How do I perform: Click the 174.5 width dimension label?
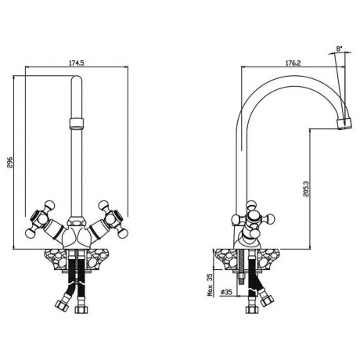tap(77, 63)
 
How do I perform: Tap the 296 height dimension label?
tap(10, 162)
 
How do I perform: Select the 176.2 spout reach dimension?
tap(293, 63)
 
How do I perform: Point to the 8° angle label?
tap(339, 49)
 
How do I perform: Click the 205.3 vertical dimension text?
tap(306, 189)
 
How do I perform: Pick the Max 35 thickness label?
tap(210, 286)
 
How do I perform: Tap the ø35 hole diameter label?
tap(226, 292)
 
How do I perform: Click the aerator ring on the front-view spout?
tap(77, 123)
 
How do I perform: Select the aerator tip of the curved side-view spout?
tap(344, 124)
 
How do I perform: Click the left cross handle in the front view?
tap(40, 219)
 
